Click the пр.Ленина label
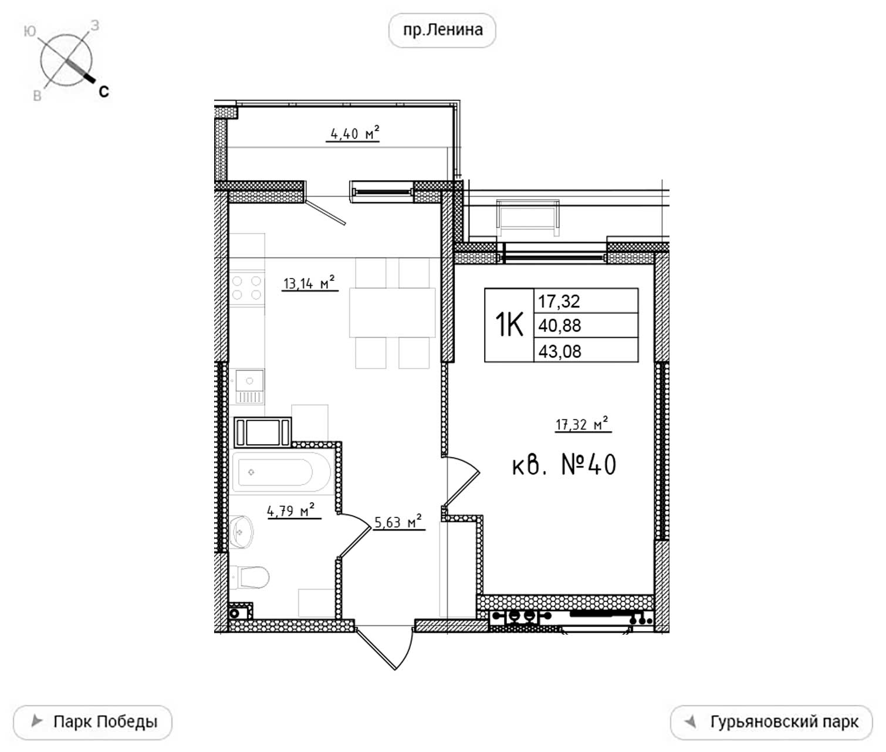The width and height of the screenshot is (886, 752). [x=442, y=30]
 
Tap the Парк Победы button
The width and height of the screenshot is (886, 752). [x=93, y=722]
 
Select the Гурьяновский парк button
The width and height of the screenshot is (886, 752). [x=771, y=722]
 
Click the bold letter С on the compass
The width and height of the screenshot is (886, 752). [x=104, y=92]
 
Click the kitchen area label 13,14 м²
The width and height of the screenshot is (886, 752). [x=309, y=283]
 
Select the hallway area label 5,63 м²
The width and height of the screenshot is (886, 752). [x=398, y=522]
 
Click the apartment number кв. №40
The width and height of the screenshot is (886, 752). [x=564, y=465]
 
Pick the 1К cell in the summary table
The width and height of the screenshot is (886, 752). [x=509, y=324]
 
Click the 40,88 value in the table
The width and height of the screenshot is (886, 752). [x=559, y=326]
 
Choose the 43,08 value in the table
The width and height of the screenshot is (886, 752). [x=559, y=351]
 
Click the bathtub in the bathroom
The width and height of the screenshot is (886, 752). [x=281, y=472]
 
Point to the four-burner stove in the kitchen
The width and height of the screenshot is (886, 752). [x=246, y=289]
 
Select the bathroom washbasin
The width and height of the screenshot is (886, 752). [x=241, y=532]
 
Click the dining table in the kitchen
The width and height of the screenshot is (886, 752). [x=392, y=313]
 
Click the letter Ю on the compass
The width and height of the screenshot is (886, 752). [x=29, y=31]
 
